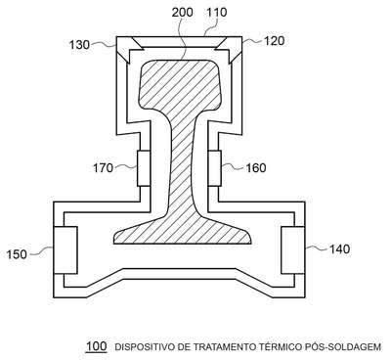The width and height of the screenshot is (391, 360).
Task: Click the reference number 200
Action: tap(183, 13)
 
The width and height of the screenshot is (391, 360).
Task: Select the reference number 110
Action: tap(217, 13)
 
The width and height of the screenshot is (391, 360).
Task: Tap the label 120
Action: tap(274, 41)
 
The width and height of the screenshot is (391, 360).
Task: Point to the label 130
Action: tap(79, 44)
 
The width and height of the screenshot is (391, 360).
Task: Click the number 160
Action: tap(256, 168)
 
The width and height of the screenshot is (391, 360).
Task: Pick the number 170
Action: tap(104, 168)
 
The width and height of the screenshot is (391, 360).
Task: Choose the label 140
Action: tap(339, 249)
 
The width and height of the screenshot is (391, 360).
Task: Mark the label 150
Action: tap(17, 254)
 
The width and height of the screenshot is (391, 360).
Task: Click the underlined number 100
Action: tap(96, 346)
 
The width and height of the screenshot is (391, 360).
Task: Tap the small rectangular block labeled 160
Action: tap(214, 168)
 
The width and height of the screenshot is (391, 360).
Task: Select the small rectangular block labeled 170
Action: tap(144, 168)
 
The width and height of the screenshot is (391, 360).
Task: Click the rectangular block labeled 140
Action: tap(293, 250)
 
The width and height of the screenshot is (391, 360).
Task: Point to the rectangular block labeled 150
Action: tap(65, 250)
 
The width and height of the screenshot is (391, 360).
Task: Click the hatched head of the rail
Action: tap(181, 86)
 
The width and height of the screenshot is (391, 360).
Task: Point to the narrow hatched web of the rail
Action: tap(183, 163)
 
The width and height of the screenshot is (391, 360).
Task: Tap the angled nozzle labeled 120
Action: tap(228, 50)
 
